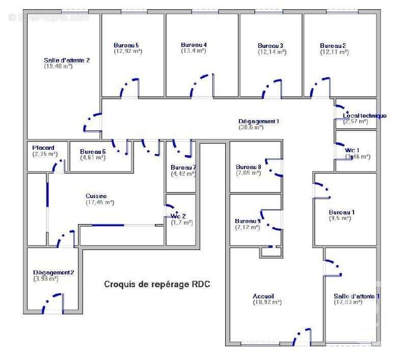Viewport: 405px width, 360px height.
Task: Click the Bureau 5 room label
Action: pos(126,45)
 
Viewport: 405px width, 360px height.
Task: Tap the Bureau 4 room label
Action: pos(194,44)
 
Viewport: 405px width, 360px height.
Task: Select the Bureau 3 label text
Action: pos(271,46)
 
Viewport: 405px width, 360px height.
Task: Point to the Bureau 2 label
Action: pos(333,46)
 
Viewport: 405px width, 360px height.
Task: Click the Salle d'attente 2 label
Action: pos(67,60)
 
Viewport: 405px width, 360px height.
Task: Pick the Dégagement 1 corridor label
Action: pos(259,121)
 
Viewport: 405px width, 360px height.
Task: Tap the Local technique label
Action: pos(364,116)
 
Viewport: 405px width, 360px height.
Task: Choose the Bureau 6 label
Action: pos(93,151)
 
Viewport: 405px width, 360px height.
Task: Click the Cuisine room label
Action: pos(96,196)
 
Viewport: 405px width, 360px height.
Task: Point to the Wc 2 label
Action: pos(178,216)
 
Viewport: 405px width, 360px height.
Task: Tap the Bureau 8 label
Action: pos(249,167)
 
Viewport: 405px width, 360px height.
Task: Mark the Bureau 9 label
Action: pos(248,221)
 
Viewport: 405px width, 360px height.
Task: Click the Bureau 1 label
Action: pos(342,212)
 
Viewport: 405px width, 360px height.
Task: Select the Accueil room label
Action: pos(263,296)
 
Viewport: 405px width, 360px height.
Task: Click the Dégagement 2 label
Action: pos(53,272)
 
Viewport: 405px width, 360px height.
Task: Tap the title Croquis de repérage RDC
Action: pos(157,284)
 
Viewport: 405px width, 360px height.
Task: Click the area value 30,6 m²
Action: pos(252,127)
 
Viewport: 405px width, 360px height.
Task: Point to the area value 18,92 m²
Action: pos(267,302)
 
